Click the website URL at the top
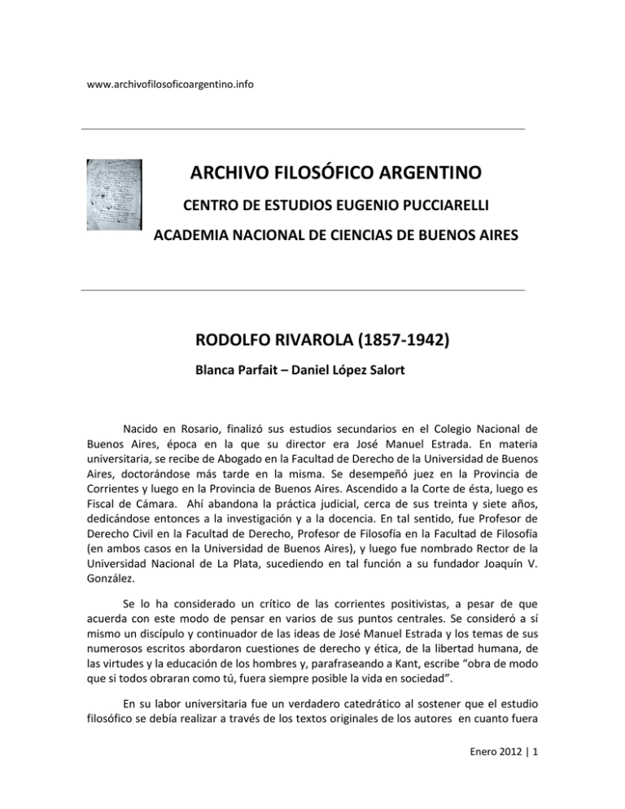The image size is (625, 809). [x=171, y=85]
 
